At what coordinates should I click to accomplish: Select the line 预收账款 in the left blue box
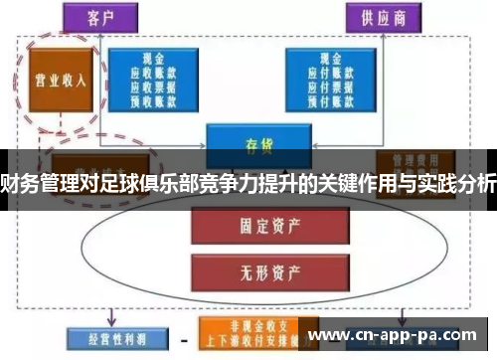[155, 99]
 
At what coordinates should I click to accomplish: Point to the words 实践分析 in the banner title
[456, 179]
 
